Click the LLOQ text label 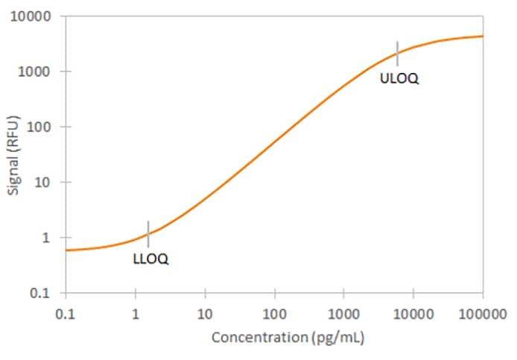150,259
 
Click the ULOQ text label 399,79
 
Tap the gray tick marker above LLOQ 148,233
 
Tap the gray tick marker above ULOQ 397,54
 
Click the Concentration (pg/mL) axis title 288,338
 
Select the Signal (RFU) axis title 14,154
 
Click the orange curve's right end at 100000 482,36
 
